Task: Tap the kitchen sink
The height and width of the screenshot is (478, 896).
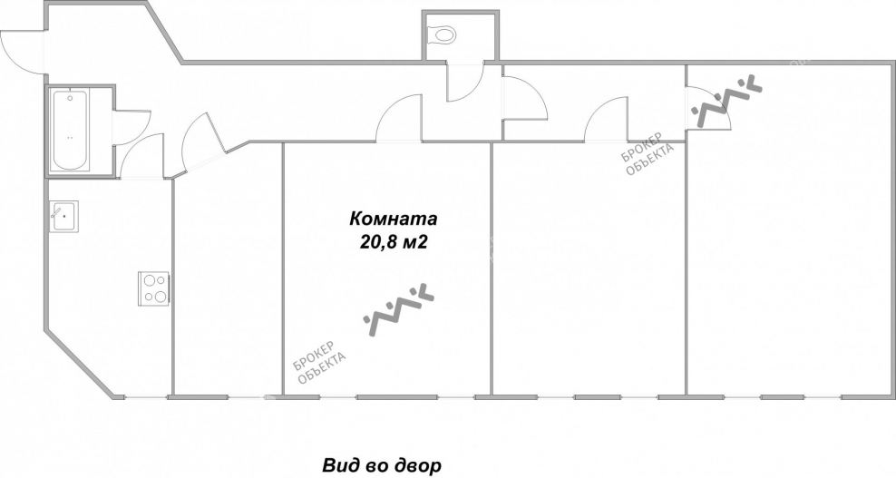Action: point(63,216)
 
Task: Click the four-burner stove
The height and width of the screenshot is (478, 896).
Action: point(154,288)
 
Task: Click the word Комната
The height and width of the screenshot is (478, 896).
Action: point(394,219)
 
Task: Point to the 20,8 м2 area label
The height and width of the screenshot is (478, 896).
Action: point(394,242)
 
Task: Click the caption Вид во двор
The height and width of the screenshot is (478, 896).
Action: point(382,465)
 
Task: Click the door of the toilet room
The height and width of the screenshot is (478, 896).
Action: point(464,82)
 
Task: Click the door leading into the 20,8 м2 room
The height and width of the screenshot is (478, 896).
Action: point(399,118)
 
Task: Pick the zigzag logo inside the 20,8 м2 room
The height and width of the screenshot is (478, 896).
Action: point(399,308)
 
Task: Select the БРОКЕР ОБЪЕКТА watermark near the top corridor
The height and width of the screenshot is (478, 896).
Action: point(648,154)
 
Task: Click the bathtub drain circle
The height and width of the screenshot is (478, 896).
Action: point(71,98)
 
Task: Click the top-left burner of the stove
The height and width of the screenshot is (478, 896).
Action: point(149,281)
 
